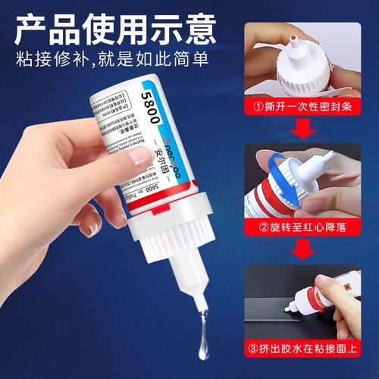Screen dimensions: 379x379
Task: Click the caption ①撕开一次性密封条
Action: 311,108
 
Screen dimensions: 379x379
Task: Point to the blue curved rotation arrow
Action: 291,186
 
